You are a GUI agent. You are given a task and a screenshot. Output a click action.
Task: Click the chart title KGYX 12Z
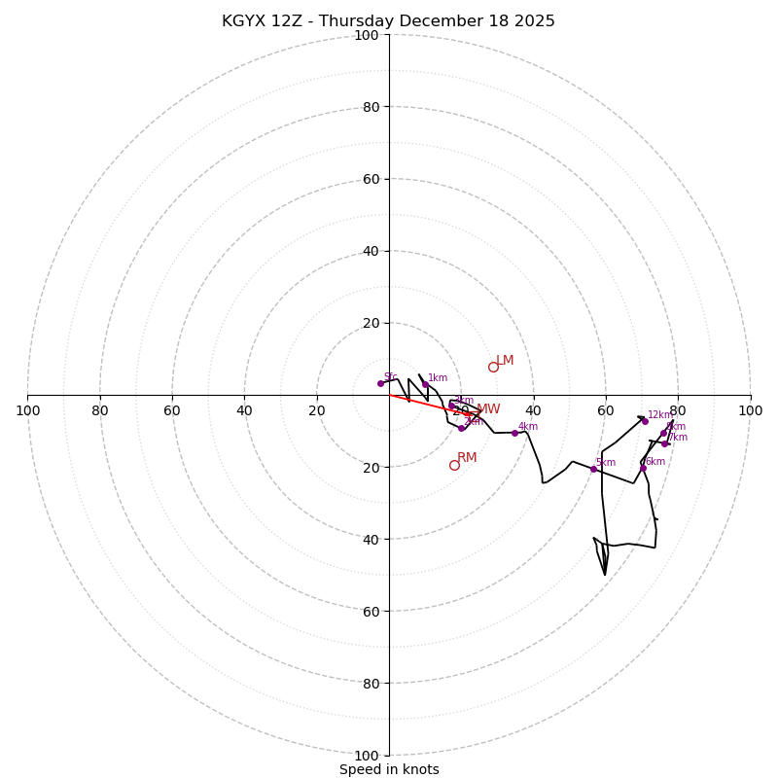(x=388, y=21)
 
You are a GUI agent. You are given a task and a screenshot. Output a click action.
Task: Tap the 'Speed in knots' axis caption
(x=389, y=769)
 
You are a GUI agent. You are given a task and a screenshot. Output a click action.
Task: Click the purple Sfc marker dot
(x=380, y=383)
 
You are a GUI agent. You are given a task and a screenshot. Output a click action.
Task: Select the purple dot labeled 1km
(x=425, y=384)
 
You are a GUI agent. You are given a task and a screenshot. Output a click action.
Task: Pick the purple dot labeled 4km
(x=514, y=433)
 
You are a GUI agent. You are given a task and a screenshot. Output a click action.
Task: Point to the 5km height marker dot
(x=593, y=469)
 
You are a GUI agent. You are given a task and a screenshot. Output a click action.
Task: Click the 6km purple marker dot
(x=643, y=468)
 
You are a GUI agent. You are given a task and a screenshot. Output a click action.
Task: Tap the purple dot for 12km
(x=645, y=421)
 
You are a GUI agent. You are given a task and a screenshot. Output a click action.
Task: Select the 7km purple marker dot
(x=665, y=443)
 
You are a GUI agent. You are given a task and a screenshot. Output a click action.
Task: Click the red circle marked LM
(x=493, y=367)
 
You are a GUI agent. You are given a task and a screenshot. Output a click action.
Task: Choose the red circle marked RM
(x=454, y=465)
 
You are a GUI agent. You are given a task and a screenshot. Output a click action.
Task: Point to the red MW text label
(x=488, y=409)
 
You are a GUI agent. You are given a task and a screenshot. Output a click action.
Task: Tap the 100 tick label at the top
(x=367, y=35)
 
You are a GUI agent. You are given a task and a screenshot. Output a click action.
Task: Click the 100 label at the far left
(x=27, y=410)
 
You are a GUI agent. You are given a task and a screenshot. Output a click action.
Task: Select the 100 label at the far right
(x=750, y=410)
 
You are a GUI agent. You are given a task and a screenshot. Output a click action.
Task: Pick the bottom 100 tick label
(x=367, y=755)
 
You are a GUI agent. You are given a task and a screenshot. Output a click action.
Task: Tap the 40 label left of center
(x=244, y=410)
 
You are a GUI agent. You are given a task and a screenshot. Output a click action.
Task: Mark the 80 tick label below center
(x=370, y=683)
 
